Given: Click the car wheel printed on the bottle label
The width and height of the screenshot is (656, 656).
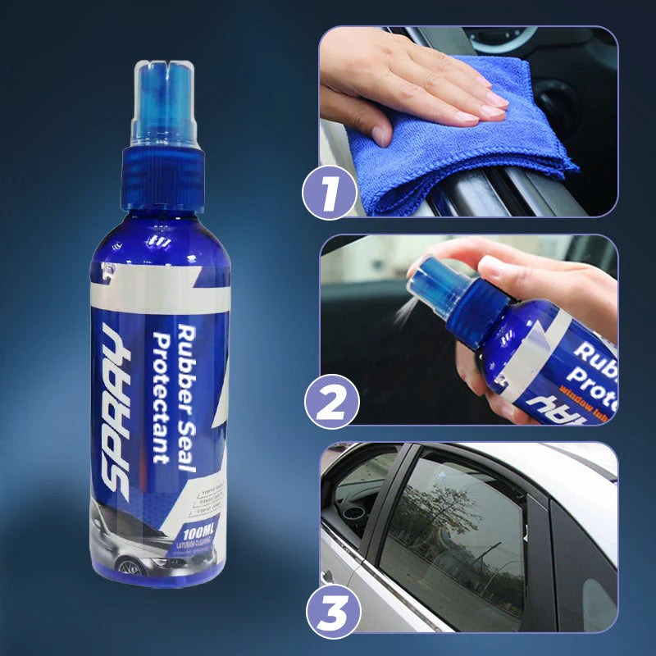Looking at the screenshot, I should coord(130,567).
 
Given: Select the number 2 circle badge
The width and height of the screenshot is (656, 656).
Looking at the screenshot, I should coord(330,403).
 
